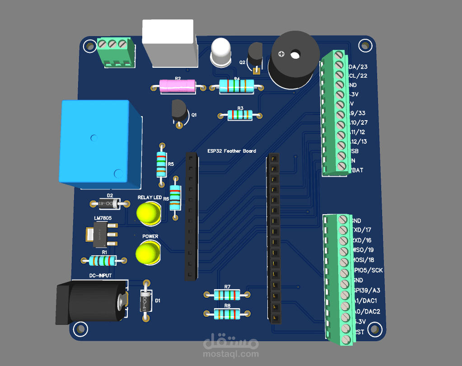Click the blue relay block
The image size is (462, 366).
[99, 145]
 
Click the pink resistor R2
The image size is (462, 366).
[177, 86]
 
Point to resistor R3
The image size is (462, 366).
[240, 115]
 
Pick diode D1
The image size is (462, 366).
[145, 300]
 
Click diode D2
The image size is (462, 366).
[107, 204]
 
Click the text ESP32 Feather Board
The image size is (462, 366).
[232, 151]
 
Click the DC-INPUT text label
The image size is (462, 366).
[100, 275]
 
